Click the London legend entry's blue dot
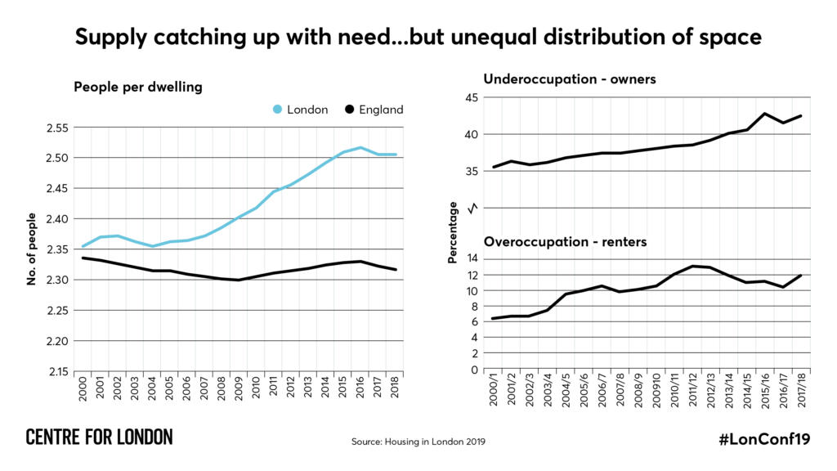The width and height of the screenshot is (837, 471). (276, 110)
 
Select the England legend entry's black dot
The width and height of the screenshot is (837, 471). (349, 110)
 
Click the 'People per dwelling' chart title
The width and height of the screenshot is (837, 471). (137, 87)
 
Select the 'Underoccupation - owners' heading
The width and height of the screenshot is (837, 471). (570, 79)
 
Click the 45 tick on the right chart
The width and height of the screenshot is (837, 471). (472, 98)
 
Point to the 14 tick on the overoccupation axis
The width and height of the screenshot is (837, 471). (472, 259)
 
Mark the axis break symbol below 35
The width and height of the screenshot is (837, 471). (472, 208)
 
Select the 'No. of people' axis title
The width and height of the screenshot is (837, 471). (32, 249)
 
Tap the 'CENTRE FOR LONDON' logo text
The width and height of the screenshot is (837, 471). (99, 437)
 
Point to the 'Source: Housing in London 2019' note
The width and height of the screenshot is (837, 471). (418, 442)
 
